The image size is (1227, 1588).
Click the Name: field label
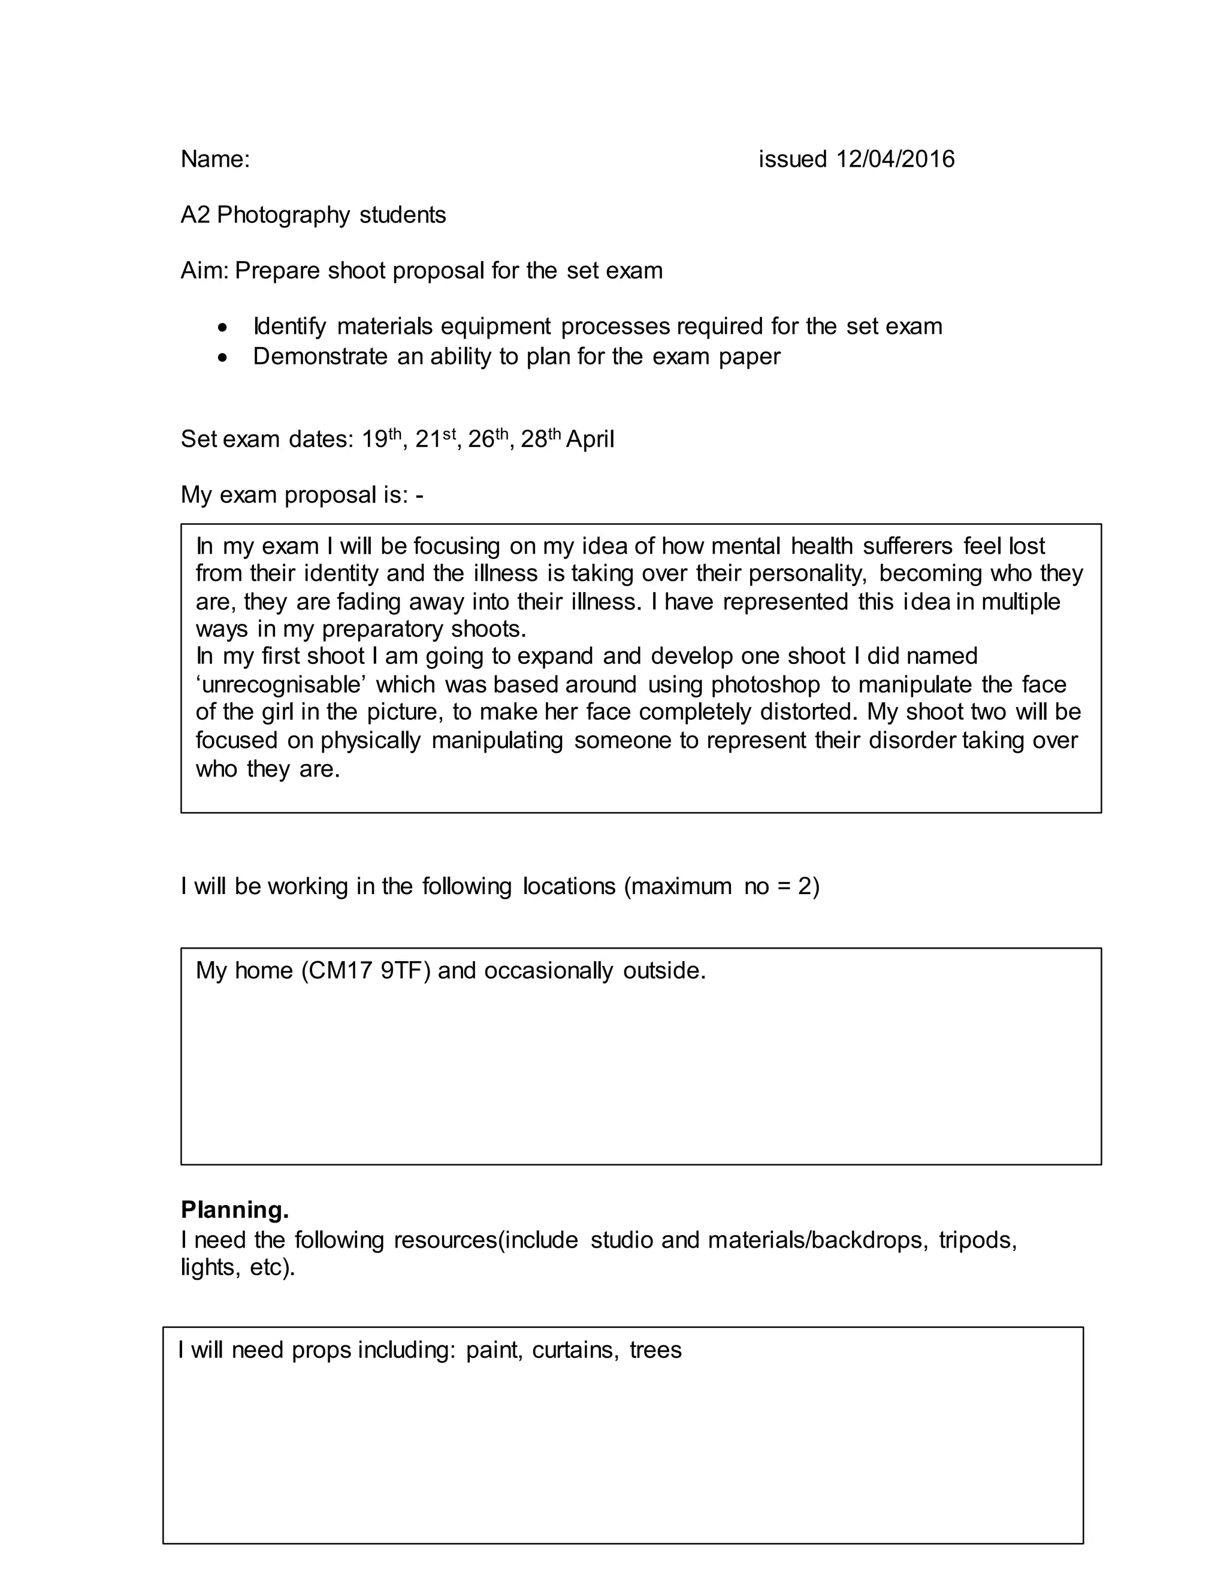pos(215,159)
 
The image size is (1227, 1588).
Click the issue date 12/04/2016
pos(895,159)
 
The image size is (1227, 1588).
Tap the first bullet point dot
pos(223,328)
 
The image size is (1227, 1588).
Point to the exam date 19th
pos(381,439)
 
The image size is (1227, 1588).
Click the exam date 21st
pos(435,439)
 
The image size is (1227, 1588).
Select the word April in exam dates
pos(590,439)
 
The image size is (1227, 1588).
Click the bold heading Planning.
pos(235,1210)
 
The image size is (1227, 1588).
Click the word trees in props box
pos(655,1350)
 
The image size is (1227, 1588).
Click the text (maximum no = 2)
pos(721,886)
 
